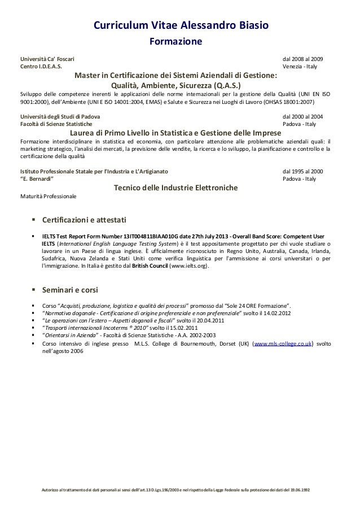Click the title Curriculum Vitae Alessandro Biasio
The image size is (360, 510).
coord(180,25)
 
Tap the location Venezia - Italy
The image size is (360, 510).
coord(300,67)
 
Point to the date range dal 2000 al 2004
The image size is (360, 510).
coord(303,116)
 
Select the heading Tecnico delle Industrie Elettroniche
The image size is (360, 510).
coord(175,188)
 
